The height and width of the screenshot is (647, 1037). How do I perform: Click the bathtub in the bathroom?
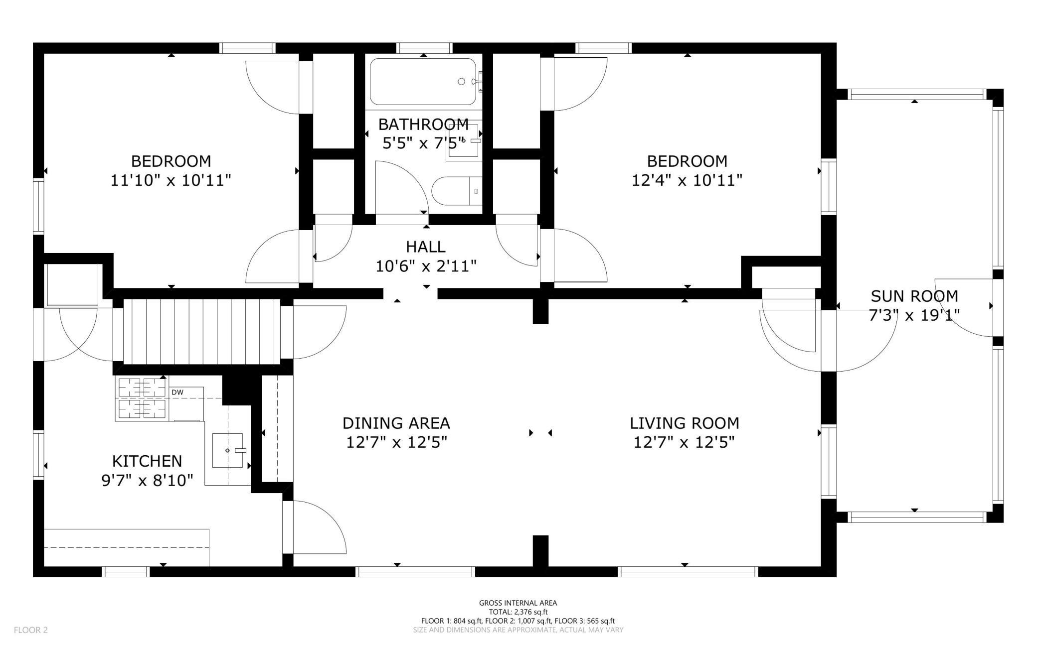click(x=423, y=82)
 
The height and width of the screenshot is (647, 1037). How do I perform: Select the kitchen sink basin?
click(x=228, y=450)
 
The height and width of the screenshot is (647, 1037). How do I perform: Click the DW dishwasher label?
click(x=177, y=392)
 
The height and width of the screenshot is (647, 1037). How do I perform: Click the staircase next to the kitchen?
click(x=202, y=331)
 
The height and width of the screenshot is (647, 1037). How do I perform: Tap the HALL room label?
click(x=426, y=247)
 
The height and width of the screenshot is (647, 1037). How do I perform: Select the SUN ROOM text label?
click(x=914, y=296)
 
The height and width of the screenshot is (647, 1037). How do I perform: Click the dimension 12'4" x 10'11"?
click(x=687, y=180)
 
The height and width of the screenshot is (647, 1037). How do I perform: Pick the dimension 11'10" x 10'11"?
click(x=171, y=180)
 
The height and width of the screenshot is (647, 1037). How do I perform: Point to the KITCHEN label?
click(x=147, y=461)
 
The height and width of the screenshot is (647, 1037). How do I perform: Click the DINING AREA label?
click(x=396, y=423)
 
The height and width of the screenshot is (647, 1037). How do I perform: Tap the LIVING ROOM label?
click(x=685, y=423)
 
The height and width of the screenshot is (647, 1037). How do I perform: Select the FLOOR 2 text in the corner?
click(x=31, y=630)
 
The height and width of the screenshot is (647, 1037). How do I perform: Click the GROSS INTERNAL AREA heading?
click(x=518, y=603)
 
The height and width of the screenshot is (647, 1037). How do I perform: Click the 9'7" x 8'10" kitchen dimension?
click(x=147, y=481)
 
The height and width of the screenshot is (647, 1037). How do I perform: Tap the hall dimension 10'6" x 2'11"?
click(x=426, y=266)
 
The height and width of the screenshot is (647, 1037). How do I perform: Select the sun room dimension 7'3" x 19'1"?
click(x=914, y=316)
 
